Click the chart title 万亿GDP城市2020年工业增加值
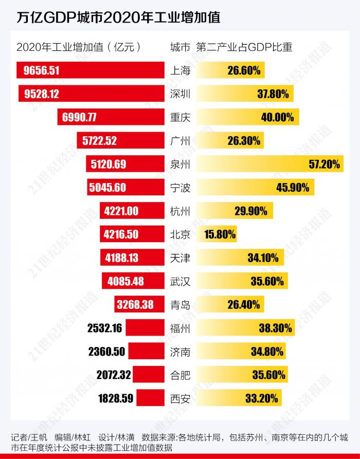point(118,17)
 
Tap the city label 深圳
point(180,94)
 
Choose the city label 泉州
point(180,164)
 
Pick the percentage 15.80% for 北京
point(221,234)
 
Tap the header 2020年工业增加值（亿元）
point(78,48)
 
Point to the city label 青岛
point(180,305)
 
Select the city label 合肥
point(180,375)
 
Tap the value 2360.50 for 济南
point(106,352)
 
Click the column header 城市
point(179,48)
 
